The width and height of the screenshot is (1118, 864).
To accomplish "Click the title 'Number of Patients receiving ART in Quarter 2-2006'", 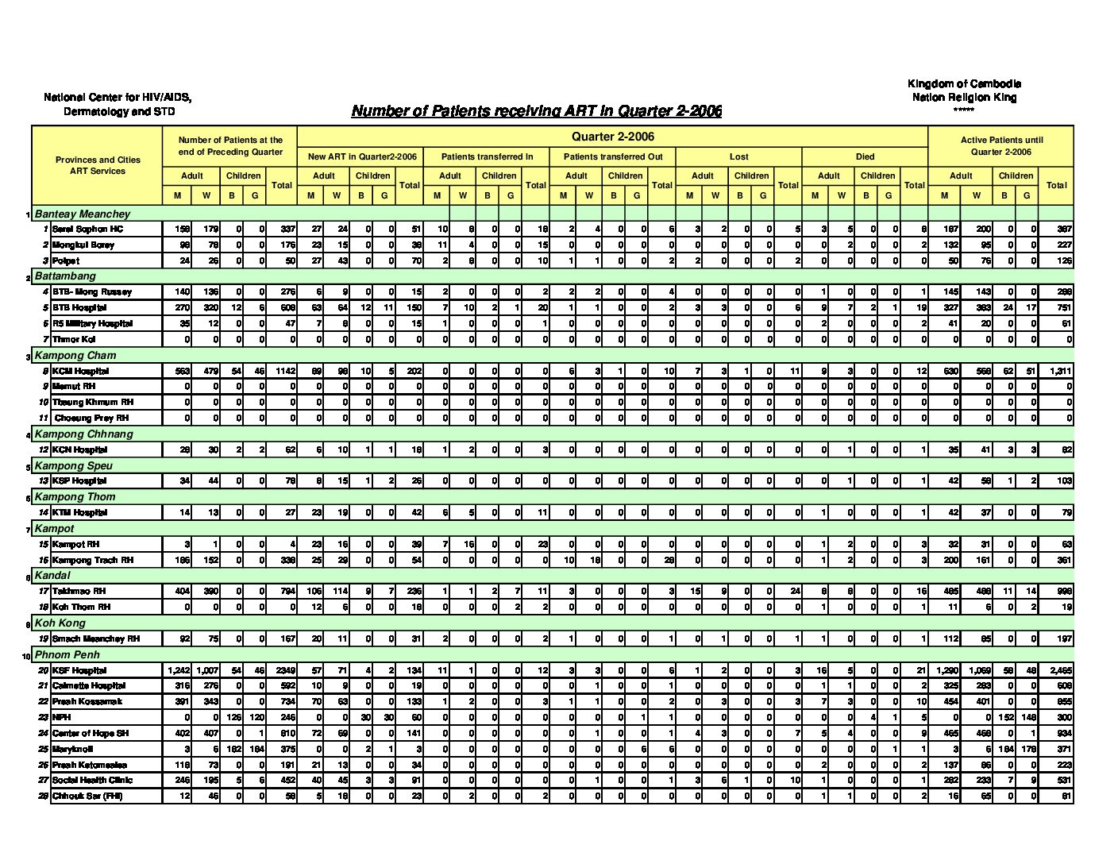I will pos(536,111).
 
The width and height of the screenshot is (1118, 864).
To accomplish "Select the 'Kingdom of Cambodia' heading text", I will pos(964,84).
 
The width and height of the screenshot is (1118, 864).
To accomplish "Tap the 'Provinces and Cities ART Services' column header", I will pos(97,165).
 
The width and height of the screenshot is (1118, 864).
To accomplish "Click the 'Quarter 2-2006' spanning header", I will pos(612,137).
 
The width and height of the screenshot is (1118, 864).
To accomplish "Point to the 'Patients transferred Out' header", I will pos(612,157).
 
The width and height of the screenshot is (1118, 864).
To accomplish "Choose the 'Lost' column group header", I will pos(738,157).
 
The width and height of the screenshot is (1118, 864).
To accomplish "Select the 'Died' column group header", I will pos(865,157).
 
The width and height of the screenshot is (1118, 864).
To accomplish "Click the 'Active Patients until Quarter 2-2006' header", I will pos(1000,145).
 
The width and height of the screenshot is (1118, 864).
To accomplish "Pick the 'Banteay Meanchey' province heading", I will pos(83,214).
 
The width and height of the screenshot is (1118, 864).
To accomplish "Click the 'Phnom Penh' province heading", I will pos(67,655).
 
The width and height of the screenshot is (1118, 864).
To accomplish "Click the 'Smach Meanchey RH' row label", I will pos(96,638).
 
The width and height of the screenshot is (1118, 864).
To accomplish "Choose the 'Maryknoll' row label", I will pos(72,749).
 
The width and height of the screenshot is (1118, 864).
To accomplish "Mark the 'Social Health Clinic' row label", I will pos(92,781).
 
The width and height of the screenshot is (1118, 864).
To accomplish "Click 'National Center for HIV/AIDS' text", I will pos(118,98).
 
